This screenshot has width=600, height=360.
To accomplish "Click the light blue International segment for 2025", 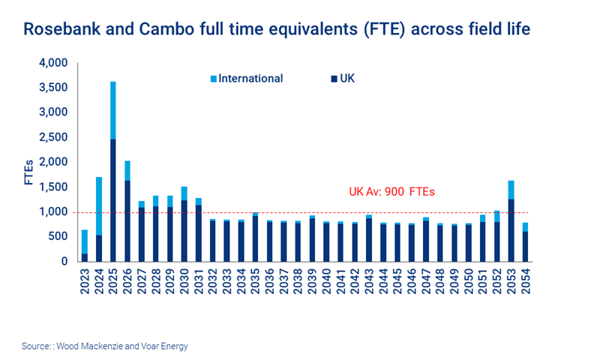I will coord(112,109).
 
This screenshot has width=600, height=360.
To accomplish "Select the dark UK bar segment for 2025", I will coord(112,200).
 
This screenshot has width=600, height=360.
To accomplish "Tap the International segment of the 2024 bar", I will coord(98,205).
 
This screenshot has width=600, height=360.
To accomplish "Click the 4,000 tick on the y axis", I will coord(54,63).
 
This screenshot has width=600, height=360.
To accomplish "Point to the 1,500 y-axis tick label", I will coord(54,187).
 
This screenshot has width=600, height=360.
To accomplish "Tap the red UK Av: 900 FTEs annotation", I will coord(391,192).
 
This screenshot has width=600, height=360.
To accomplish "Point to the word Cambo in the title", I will coord(165,29).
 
